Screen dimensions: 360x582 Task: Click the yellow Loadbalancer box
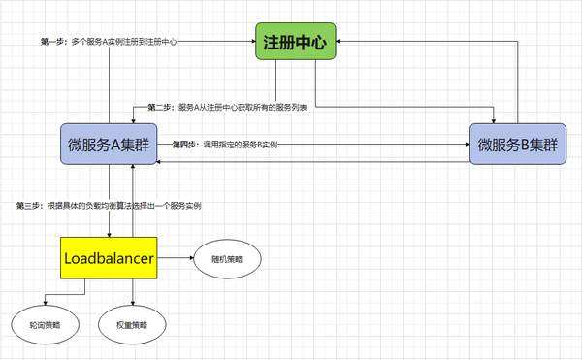[x=109, y=258]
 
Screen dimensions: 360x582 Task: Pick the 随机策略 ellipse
[x=230, y=259]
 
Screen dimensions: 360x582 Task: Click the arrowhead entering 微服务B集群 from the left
[x=467, y=145]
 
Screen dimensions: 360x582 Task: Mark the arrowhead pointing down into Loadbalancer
[x=109, y=234]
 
